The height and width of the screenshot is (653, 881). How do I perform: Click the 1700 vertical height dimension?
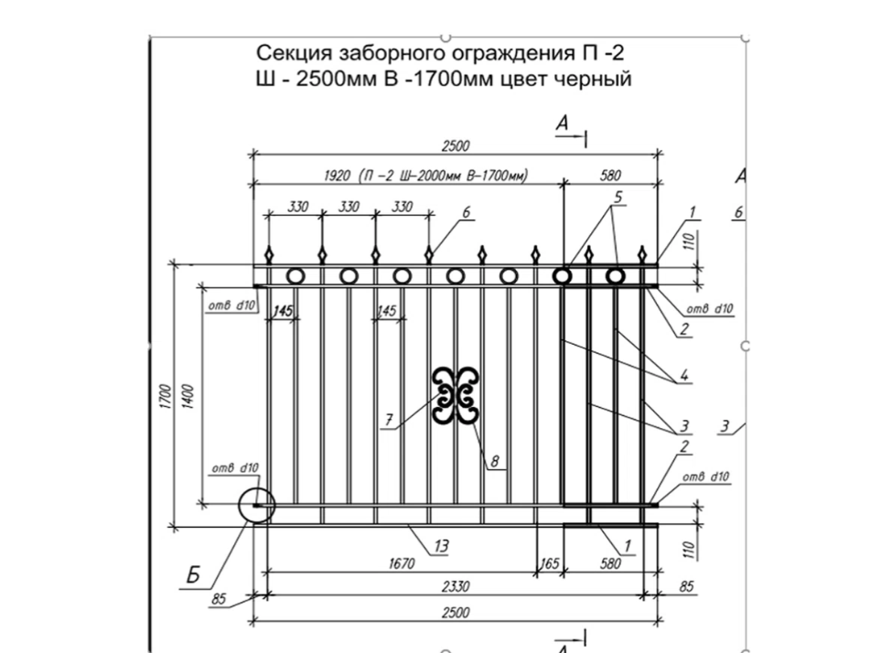[164, 397]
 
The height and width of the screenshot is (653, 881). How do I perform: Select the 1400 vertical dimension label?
[188, 397]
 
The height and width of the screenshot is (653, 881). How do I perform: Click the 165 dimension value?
[549, 563]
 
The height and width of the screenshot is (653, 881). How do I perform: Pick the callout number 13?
[442, 546]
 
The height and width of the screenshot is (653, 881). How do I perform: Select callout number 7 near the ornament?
[389, 420]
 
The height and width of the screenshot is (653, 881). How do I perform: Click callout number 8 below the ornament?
[495, 462]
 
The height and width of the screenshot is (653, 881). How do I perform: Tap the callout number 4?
[682, 375]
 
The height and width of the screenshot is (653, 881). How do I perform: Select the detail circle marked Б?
[255, 505]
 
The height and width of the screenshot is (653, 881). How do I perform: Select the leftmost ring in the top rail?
[295, 275]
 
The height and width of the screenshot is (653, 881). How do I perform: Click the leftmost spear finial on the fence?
[270, 253]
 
